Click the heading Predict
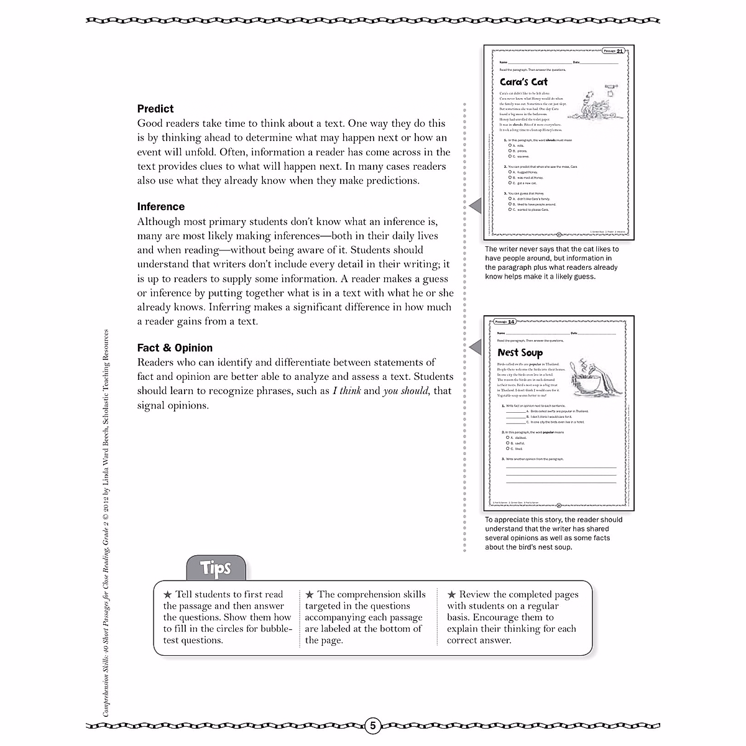pos(155,109)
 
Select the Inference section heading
pos(161,207)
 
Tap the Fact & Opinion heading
pos(175,348)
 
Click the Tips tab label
pos(216,568)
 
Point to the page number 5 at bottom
pos(372,725)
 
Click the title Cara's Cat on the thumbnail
pos(523,81)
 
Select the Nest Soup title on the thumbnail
pos(520,352)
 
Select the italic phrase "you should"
pos(405,391)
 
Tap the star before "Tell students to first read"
pos(167,594)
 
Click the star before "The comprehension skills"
pos(310,594)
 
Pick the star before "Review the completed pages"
pos(451,594)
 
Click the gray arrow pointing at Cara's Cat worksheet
pos(475,205)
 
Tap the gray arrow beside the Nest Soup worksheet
pos(475,346)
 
